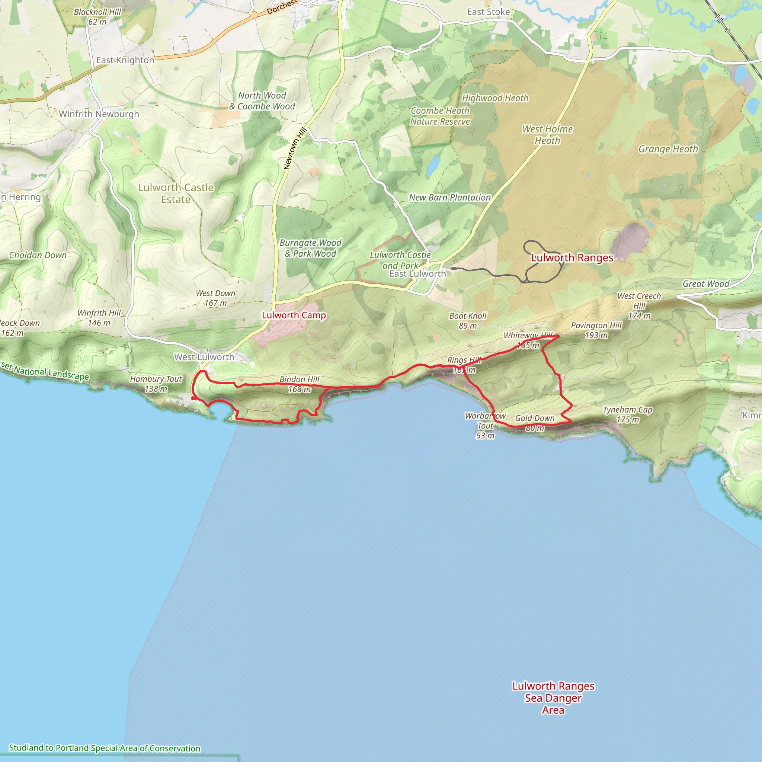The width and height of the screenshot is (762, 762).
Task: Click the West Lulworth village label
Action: (204, 357)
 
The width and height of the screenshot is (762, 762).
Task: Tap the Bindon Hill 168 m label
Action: (300, 384)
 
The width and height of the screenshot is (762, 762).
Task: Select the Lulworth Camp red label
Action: (294, 315)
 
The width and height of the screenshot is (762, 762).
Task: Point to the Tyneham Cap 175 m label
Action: (628, 414)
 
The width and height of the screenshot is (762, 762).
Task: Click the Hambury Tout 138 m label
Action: (156, 384)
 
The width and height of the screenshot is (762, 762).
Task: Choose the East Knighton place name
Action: (125, 60)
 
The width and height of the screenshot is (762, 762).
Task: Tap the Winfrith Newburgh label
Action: (99, 114)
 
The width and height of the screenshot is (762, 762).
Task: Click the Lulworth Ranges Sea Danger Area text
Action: (553, 698)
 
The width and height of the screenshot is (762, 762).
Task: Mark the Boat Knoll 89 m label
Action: (468, 321)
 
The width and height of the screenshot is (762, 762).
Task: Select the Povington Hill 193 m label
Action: (596, 330)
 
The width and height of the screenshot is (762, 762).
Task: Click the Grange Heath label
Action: (668, 149)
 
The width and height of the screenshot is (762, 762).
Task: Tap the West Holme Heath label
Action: (547, 134)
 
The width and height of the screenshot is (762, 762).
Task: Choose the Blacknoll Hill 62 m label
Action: (97, 17)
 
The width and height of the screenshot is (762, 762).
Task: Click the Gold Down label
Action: (535, 418)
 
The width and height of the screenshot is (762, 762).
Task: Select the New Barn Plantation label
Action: (449, 197)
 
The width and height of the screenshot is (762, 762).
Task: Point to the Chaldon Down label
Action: (38, 255)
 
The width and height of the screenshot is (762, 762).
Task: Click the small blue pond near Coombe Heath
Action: (433, 166)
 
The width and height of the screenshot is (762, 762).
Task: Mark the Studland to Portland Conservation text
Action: (105, 748)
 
